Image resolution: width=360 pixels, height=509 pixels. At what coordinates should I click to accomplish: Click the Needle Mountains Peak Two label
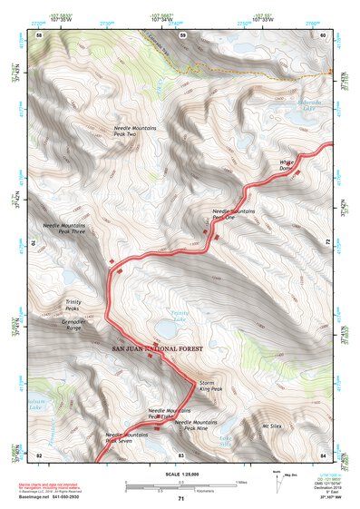[135, 132]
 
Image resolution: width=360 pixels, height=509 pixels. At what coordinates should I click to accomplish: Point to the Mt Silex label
[273, 425]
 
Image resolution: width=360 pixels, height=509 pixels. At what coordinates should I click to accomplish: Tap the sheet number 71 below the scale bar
[181, 499]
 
